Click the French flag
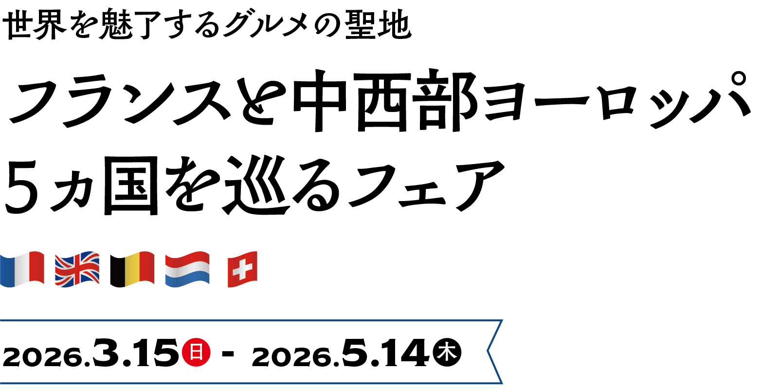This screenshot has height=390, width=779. point(22,269)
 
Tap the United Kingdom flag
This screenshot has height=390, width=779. point(77,269)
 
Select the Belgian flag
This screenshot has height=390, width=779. point(132,269)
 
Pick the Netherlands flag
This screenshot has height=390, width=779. point(187,269)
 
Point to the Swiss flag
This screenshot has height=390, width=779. point(242,269)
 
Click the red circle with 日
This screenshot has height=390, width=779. point(196,352)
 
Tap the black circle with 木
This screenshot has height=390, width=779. point(447,352)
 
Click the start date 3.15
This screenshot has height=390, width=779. point(136,353)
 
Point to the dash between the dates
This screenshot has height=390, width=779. point(228,353)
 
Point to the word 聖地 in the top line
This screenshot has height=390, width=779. point(378,25)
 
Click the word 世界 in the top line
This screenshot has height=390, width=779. point(34,25)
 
